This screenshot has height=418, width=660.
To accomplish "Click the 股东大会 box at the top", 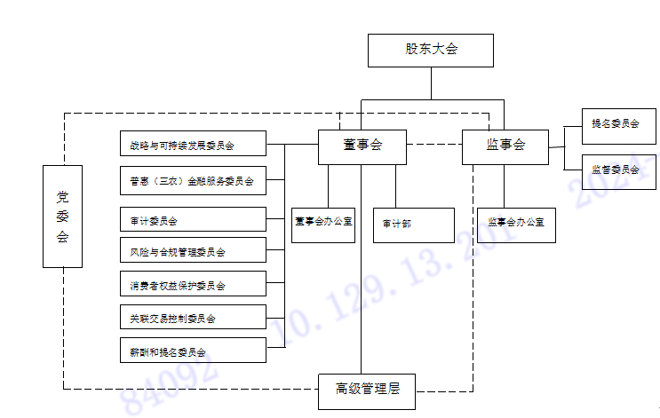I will pos(431,50).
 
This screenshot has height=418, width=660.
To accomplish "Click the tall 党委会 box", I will pos(62,216).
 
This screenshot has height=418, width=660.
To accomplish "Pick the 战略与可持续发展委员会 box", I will pos(193,144).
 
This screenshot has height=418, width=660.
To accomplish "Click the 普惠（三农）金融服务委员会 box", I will pos(193,181).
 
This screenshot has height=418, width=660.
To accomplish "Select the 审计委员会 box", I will pos(193,219).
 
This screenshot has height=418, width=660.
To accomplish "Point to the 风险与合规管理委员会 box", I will pos(193,251).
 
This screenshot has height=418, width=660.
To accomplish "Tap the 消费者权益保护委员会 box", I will pos(193,285).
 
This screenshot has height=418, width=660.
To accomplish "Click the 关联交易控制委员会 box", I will pos(193,317).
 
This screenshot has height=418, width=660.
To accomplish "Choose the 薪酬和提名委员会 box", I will pos(193,351).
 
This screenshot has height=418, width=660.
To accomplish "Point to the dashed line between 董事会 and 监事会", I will pos(434,144).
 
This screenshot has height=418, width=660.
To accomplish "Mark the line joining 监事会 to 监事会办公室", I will pos(505,185).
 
